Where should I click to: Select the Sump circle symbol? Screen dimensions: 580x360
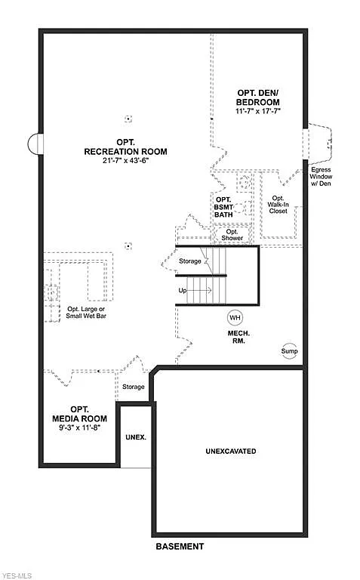coord(290,352)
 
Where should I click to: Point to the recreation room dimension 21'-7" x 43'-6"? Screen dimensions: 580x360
coord(125,161)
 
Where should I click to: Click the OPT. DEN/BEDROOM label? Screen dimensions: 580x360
coord(257,97)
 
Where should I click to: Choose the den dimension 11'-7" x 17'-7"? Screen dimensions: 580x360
coord(257,111)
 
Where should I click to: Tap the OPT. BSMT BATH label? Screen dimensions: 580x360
coord(223,207)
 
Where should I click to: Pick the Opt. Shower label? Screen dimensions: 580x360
coord(232,235)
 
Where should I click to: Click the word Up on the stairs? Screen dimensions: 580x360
coord(183,290)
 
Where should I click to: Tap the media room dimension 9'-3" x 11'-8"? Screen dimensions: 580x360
coord(79,428)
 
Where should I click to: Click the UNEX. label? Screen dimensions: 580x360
coord(135,437)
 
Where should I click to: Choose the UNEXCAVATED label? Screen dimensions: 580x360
coord(230,451)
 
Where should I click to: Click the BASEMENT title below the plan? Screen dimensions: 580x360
coord(180,546)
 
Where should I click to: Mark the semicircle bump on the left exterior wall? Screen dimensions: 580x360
coord(34,143)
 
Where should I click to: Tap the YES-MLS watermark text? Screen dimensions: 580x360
coord(16,574)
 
